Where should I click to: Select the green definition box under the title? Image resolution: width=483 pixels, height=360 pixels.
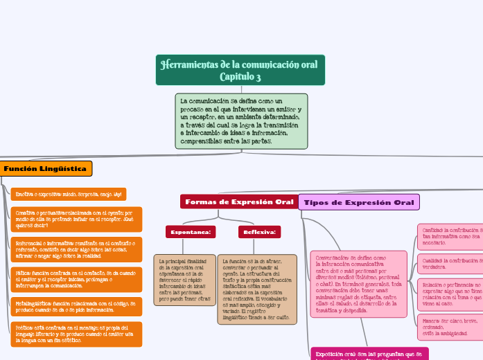pos(241,121)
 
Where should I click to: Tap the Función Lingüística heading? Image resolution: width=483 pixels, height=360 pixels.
pos(45,168)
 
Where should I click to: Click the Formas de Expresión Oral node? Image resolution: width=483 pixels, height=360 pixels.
pos(239,201)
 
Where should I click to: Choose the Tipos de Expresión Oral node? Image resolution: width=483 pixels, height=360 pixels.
pos(359,202)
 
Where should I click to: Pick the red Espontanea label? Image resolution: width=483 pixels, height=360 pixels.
pos(191,232)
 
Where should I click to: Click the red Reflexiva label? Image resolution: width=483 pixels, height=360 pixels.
pos(259,232)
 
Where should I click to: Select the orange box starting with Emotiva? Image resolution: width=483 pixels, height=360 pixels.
pos(69,195)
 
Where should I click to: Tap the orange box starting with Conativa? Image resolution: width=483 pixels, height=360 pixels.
pos(76,219)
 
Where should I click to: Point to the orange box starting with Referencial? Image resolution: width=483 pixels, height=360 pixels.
pos(76,249)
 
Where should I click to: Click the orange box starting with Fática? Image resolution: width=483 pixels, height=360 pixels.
pos(76,279)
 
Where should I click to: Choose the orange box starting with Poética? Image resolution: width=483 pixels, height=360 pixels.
pos(76,334)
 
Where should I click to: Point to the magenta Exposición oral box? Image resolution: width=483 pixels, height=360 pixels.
pos(369,353)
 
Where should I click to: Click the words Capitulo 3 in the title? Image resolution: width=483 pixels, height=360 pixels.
pos(240,76)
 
